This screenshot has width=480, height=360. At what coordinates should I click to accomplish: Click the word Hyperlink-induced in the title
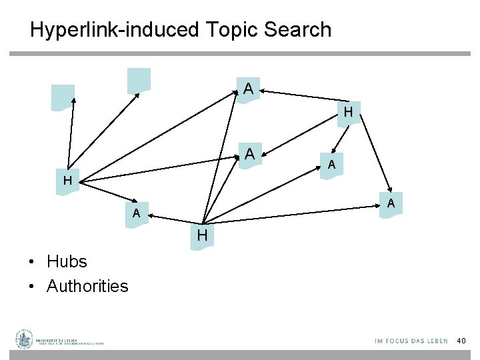(114, 30)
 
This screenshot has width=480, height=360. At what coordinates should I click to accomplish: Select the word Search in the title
(298, 30)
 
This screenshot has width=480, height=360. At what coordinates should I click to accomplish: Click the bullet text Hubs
(67, 261)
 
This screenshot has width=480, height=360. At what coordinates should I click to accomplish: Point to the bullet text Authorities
(87, 286)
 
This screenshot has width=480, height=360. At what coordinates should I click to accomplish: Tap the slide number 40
(461, 341)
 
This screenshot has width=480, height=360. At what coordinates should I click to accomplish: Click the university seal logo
(25, 339)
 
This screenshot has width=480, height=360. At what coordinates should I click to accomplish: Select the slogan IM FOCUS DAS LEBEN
(411, 341)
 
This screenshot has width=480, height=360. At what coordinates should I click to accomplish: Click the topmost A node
(248, 89)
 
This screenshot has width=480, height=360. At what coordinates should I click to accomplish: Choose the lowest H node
(202, 236)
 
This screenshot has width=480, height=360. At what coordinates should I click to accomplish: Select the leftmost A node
(136, 214)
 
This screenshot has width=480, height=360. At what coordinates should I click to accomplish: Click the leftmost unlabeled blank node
(63, 97)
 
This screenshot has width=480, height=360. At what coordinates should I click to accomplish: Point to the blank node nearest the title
(139, 80)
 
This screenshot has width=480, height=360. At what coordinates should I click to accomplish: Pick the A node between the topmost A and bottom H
(249, 154)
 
